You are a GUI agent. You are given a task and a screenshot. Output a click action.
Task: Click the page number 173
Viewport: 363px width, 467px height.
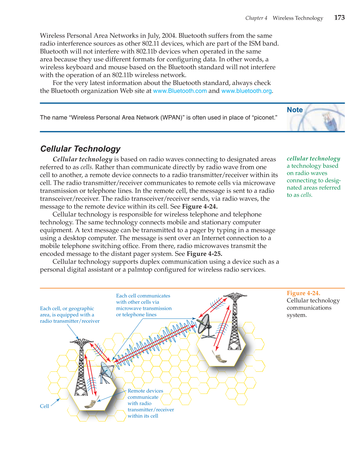(339, 18)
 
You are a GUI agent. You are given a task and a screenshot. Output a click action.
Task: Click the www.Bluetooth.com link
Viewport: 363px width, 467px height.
(180, 91)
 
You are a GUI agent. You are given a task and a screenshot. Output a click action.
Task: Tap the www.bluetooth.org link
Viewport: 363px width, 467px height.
(246, 91)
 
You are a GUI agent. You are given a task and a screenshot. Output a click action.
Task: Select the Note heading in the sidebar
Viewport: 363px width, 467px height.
(294, 110)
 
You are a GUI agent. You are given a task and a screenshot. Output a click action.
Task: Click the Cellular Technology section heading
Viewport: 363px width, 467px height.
(80, 149)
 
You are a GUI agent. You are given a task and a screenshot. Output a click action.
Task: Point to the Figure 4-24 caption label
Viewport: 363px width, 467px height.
(303, 293)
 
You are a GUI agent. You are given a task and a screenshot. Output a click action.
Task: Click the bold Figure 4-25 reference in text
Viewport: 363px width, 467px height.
(204, 254)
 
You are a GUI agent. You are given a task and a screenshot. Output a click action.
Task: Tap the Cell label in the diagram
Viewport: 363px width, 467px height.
(44, 406)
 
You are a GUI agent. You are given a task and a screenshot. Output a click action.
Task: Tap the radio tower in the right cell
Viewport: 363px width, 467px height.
(235, 321)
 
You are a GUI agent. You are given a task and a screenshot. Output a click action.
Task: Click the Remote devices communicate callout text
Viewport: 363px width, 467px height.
(150, 403)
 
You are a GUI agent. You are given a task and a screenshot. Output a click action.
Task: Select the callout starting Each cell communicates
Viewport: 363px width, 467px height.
(144, 305)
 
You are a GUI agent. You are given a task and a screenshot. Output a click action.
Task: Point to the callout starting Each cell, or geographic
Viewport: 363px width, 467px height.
(70, 315)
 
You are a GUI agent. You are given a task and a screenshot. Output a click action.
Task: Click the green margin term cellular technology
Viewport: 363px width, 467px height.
(313, 158)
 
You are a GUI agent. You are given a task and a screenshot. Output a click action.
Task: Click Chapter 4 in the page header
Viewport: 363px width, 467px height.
(256, 18)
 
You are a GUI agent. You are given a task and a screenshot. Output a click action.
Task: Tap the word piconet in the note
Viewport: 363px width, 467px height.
(265, 117)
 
